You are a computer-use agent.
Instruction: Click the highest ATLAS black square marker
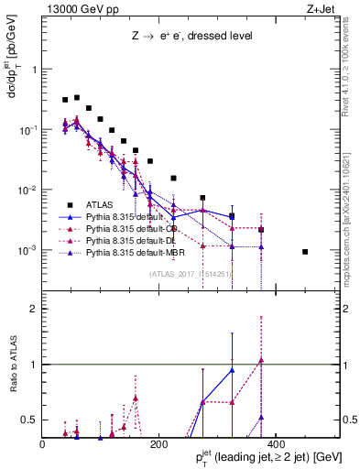(x=77, y=97)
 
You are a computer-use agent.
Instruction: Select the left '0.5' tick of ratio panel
(x=30, y=420)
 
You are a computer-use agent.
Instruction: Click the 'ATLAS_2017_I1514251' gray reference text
(x=189, y=274)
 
